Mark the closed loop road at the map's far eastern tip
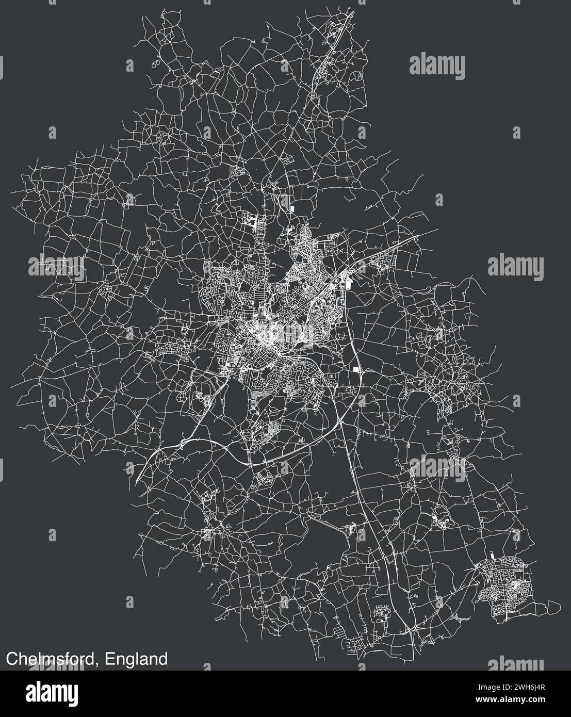pos(551,604)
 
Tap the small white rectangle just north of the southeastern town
pos(491,556)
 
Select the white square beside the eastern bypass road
pos(356,369)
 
